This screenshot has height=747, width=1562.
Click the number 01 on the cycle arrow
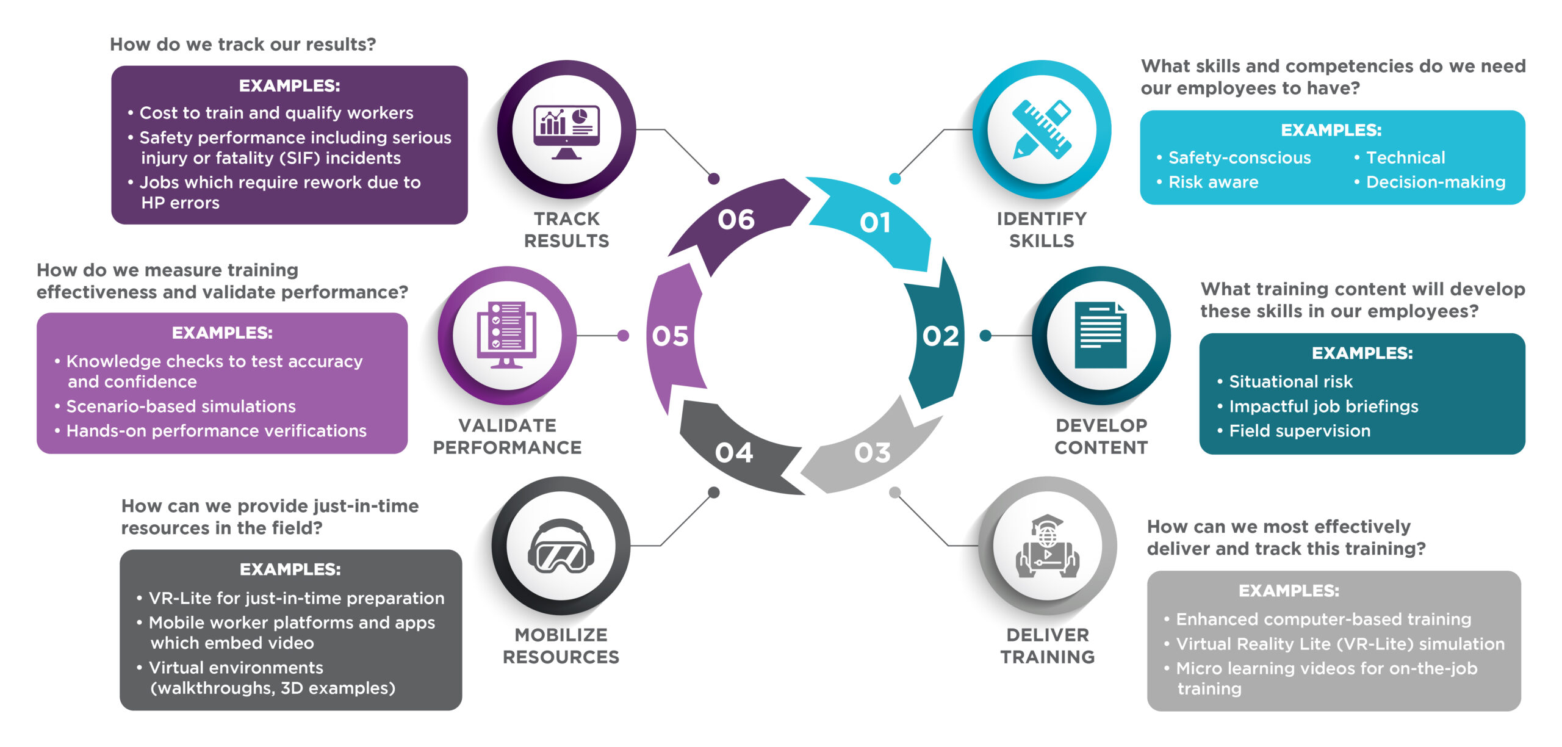874,223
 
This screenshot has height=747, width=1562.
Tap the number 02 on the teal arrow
940,336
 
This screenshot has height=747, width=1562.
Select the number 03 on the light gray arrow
872,453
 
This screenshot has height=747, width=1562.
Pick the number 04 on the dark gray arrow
734,453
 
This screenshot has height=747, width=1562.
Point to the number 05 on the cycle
670,336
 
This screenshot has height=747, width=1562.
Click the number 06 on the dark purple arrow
736,220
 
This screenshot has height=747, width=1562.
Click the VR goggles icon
561,547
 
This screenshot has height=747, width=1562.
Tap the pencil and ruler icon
1042,129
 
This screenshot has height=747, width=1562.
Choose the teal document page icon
1101,335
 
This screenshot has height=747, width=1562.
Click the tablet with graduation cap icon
1047,547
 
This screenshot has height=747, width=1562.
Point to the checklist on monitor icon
506,335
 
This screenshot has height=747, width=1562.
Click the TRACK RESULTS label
566,229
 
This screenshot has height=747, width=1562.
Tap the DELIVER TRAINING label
1047,646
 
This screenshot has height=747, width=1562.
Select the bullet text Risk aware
1213,182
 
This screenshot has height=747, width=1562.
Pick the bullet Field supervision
1300,431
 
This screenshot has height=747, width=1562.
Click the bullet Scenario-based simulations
181,406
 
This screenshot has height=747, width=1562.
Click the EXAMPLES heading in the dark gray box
290,569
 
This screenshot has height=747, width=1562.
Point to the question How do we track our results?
243,45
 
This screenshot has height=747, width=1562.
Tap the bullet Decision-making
1435,182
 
